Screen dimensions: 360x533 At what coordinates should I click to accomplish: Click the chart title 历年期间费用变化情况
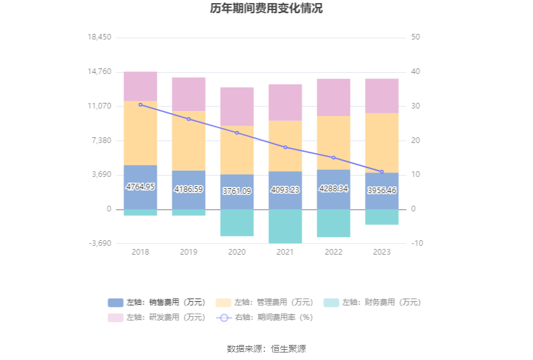pos(266,9)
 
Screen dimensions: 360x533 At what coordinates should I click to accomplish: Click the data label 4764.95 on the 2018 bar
pos(140,187)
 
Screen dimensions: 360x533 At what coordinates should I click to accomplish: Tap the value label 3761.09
pos(237,191)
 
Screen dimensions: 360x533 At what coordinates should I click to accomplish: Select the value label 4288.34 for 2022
pos(334,188)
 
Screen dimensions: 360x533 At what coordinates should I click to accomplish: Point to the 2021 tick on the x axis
pos(285,251)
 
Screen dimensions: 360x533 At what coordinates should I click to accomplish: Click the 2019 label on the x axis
pos(189,251)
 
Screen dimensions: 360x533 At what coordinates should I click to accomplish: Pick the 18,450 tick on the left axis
pos(100,38)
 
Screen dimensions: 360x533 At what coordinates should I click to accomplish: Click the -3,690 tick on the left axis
pos(100,243)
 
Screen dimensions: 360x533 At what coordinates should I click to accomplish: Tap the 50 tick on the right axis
pos(415,38)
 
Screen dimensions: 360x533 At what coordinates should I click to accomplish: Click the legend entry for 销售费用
pos(157,302)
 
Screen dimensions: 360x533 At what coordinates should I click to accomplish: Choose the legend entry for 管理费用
pos(265,302)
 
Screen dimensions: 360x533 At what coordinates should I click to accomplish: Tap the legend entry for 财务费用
pos(372,302)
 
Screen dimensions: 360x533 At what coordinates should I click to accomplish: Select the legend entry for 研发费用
pos(157,317)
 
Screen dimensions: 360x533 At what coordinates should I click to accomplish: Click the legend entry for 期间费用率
pos(265,317)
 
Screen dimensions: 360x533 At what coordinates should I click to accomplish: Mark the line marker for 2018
pos(140,105)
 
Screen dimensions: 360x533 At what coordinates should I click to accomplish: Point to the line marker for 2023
pos(382,172)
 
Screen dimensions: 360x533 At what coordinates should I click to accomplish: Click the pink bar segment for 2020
pos(237,107)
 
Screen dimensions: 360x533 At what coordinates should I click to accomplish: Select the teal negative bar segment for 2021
pos(285,226)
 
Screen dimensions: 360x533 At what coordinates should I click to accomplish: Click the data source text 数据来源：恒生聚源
pos(266,349)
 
